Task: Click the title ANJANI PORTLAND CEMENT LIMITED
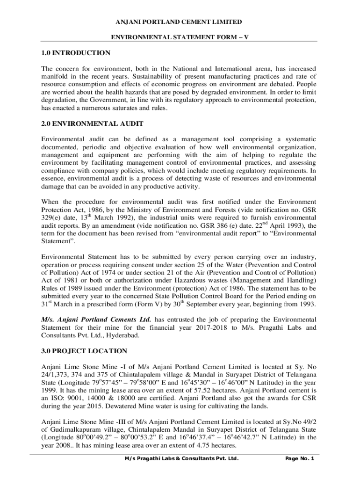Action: click(x=180, y=22)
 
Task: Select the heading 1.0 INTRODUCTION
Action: click(x=76, y=53)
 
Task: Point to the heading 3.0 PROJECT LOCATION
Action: click(x=84, y=351)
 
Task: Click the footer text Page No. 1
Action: click(x=299, y=459)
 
